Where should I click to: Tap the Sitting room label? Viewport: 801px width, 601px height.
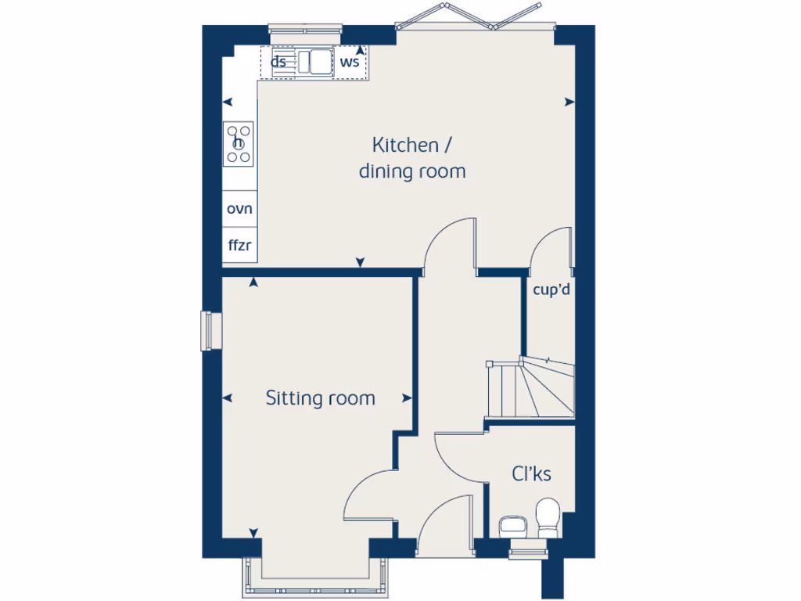pos(320,398)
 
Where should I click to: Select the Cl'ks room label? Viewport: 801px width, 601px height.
pos(532,473)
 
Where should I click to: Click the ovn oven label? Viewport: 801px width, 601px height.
pos(239,209)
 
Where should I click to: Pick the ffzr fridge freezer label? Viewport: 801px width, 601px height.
pos(239,245)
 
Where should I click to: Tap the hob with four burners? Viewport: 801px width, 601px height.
pos(239,143)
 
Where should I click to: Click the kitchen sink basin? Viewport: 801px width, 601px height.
pos(315,62)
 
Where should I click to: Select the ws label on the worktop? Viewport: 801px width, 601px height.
pos(350,62)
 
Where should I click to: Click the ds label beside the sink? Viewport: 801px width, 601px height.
pos(278,62)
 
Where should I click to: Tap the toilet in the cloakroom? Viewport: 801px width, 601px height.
pos(548,516)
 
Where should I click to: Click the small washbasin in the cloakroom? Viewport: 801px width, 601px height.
pos(513,526)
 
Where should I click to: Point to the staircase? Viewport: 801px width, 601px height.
pos(530,388)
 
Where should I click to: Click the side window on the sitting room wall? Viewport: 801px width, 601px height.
pos(209,330)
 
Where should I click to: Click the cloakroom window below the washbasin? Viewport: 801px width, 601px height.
pos(524,552)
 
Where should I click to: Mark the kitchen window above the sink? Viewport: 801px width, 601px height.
pos(305,30)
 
